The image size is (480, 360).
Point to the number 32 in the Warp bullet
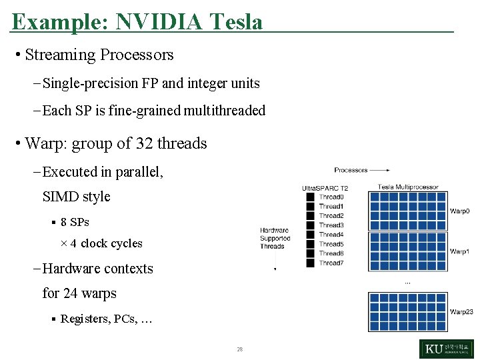click(x=145, y=143)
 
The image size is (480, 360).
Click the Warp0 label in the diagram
click(x=459, y=211)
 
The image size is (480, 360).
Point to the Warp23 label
click(x=461, y=311)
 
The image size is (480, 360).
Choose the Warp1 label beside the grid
click(x=459, y=251)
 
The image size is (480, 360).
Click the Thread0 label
click(x=331, y=197)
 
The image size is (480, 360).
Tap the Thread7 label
click(x=331, y=263)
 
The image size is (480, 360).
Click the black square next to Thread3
click(x=310, y=225)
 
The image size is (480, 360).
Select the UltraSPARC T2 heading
click(x=325, y=188)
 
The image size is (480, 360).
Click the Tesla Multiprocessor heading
click(x=408, y=187)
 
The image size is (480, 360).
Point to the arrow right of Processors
click(x=379, y=171)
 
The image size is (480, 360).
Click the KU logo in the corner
click(x=446, y=349)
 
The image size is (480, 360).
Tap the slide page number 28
click(x=239, y=349)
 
